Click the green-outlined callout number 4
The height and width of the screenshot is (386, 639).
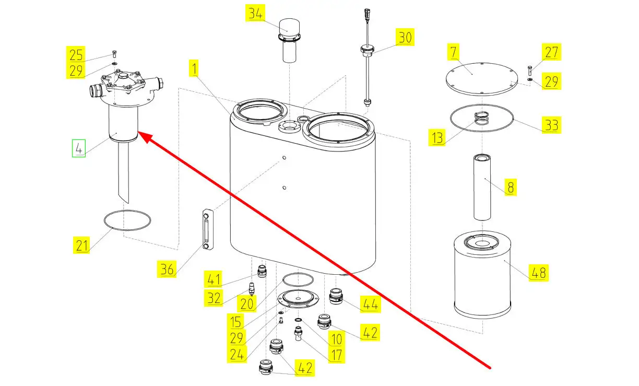pyautogui.click(x=78, y=149)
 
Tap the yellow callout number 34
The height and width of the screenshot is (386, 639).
pyautogui.click(x=256, y=14)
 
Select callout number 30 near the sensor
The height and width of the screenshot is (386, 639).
pyautogui.click(x=405, y=38)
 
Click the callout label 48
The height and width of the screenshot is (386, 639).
pyautogui.click(x=539, y=272)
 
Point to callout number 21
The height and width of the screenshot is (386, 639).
pyautogui.click(x=82, y=244)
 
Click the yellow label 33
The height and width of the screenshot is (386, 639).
pyautogui.click(x=551, y=125)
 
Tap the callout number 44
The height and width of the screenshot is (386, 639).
pyautogui.click(x=370, y=303)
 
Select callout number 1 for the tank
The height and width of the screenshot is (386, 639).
pyautogui.click(x=193, y=68)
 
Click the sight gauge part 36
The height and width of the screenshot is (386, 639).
pyautogui.click(x=207, y=230)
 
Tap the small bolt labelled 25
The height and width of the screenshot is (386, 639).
pyautogui.click(x=115, y=54)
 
